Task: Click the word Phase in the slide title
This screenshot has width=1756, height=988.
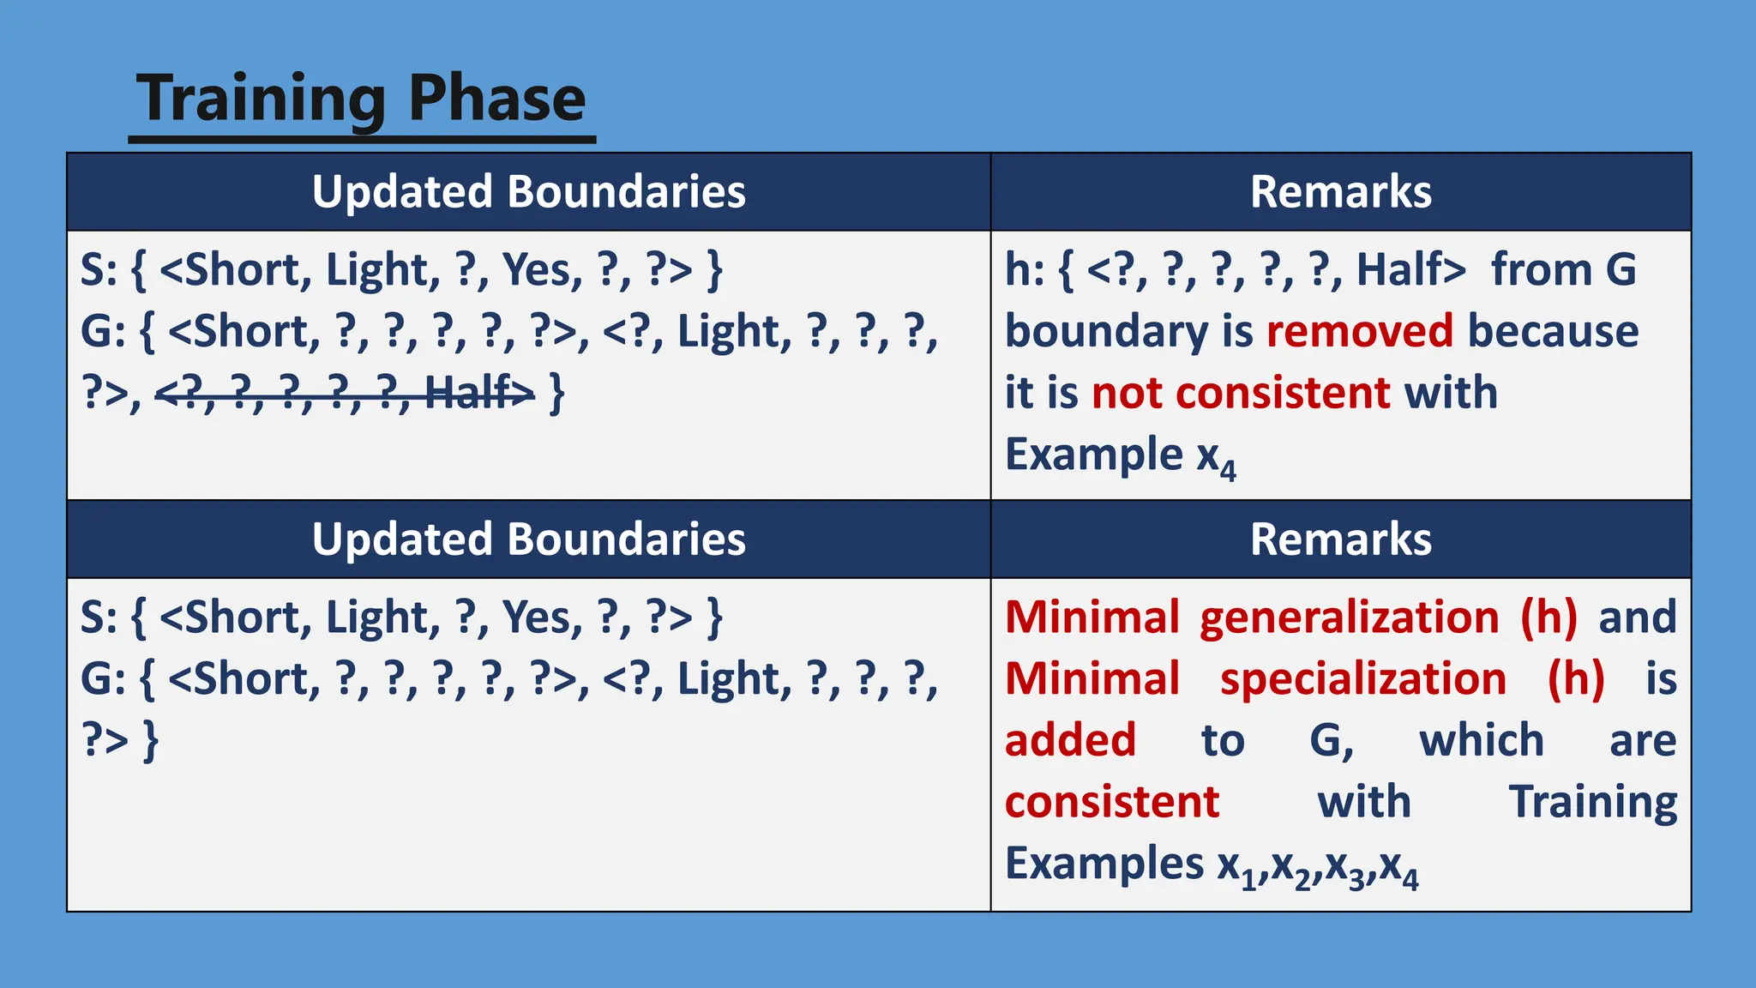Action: tap(496, 98)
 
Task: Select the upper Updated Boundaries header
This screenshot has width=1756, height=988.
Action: tap(528, 191)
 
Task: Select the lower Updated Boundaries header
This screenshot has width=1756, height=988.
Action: tap(528, 539)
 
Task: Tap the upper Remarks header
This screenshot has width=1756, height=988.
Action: tap(1340, 191)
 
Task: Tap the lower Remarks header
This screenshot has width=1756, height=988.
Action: tap(1340, 539)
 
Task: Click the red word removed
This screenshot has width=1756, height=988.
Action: tap(1359, 331)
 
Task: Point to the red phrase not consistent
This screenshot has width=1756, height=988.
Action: tap(1240, 393)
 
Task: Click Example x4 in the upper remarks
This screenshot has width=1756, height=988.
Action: tap(1120, 455)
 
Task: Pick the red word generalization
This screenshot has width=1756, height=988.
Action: tap(1349, 617)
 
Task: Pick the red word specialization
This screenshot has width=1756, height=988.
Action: tap(1362, 679)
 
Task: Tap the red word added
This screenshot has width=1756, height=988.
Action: tap(1070, 740)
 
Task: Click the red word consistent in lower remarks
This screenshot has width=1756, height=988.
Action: tap(1111, 802)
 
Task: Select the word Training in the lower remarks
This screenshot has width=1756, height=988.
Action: tap(1592, 802)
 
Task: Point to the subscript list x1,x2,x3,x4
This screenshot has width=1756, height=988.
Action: tap(1318, 865)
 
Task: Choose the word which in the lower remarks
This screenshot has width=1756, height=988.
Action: tap(1481, 740)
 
